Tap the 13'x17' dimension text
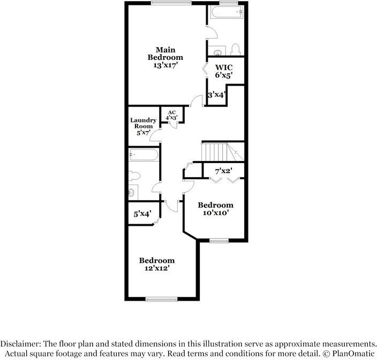pyautogui.click(x=165, y=65)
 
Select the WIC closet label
pyautogui.click(x=223, y=67)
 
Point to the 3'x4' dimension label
pyautogui.click(x=217, y=95)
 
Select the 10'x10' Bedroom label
pyautogui.click(x=215, y=209)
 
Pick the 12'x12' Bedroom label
pyautogui.click(x=157, y=264)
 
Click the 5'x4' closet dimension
pyautogui.click(x=142, y=214)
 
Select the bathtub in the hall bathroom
pyautogui.click(x=144, y=155)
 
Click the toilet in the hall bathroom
pyautogui.click(x=135, y=175)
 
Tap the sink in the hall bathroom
pyautogui.click(x=132, y=192)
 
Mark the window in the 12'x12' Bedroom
pyautogui.click(x=161, y=300)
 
